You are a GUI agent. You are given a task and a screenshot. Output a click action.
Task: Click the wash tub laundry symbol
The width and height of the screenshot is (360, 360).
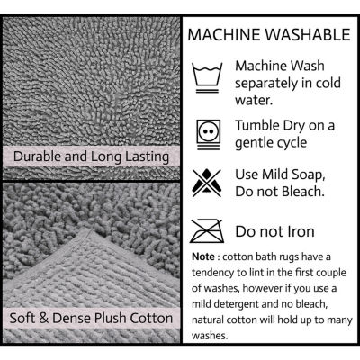point(207,77)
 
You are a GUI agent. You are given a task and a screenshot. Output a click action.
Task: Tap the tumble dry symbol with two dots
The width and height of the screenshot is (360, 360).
point(209,134)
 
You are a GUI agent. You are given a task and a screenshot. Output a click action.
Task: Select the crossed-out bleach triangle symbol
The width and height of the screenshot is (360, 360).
point(207,183)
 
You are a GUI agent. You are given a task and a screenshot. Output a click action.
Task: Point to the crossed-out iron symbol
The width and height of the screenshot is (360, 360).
point(207,231)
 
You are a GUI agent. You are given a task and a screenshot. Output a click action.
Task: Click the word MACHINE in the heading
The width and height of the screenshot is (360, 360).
point(224,34)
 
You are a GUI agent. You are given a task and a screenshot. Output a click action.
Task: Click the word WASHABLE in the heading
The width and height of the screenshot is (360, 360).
point(308,34)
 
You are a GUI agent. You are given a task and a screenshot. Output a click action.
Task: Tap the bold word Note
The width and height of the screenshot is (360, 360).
point(203,256)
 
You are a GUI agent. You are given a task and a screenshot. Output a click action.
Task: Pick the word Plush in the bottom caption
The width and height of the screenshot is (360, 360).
point(111,318)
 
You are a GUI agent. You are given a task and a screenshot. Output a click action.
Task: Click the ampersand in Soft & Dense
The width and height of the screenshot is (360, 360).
point(44,319)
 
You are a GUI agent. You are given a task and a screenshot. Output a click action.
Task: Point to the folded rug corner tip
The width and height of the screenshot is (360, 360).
point(85,229)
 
